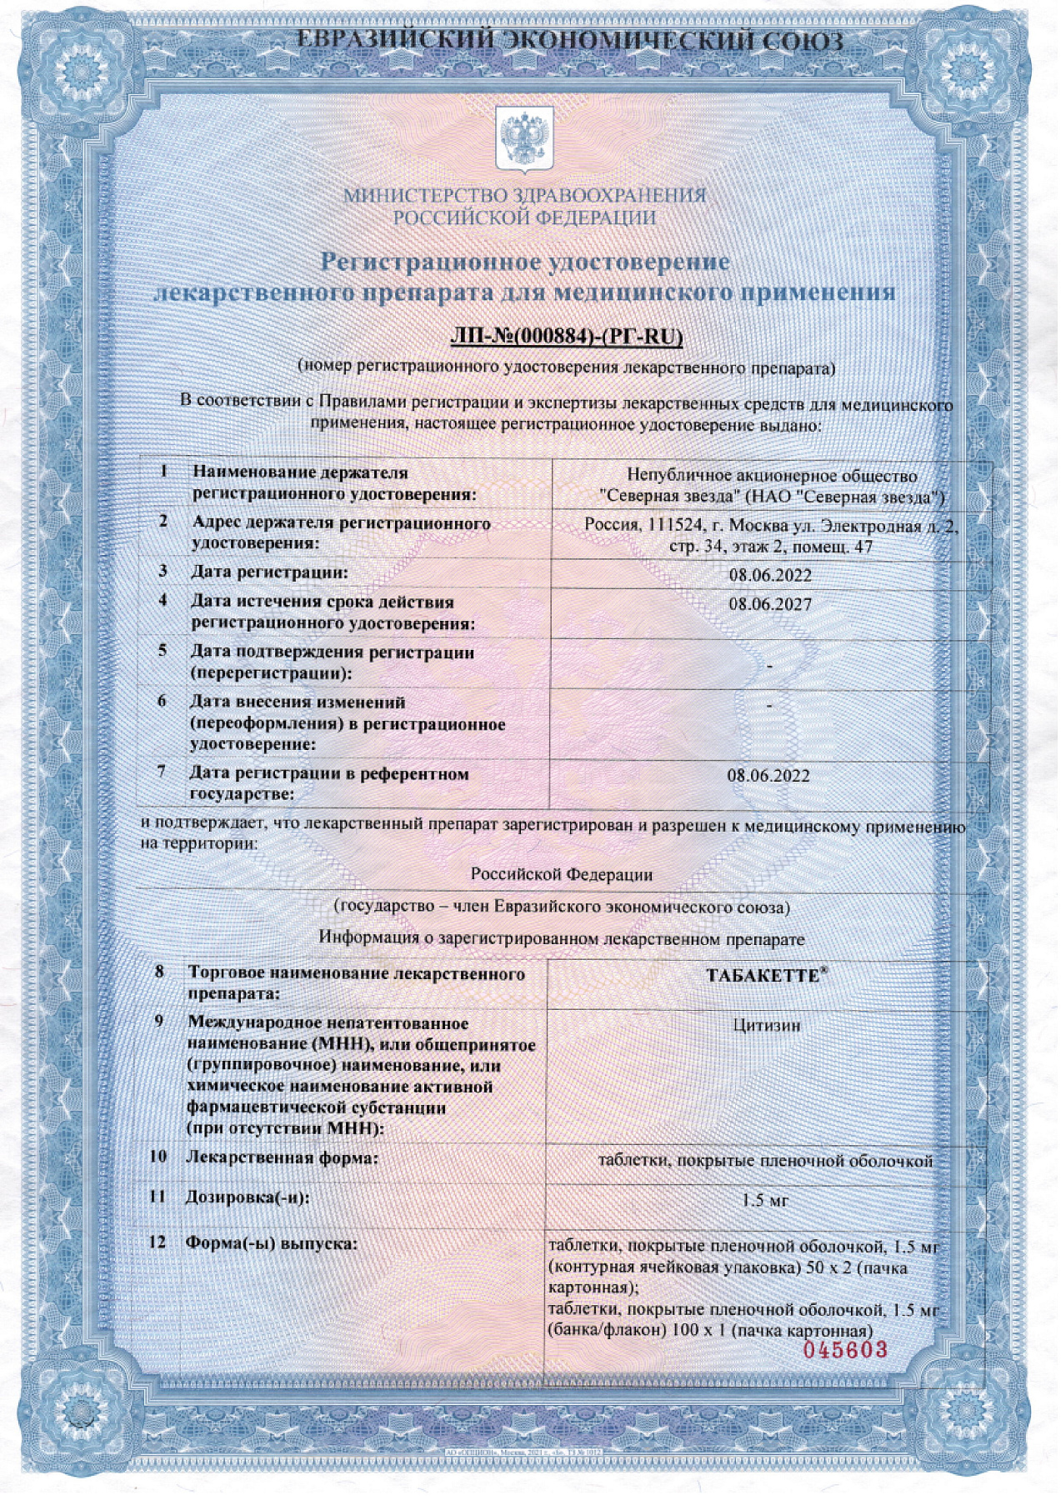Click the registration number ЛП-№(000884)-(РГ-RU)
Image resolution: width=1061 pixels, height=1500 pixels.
(x=566, y=336)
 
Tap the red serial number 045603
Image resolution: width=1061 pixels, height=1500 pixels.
(x=845, y=1349)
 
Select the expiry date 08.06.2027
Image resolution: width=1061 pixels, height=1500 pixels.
(x=770, y=604)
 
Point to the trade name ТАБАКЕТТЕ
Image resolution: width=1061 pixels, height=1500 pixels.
(x=763, y=976)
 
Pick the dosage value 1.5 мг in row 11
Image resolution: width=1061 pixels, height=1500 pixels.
(x=765, y=1201)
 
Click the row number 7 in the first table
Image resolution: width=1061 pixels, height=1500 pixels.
(x=162, y=772)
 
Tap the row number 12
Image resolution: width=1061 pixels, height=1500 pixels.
(x=157, y=1242)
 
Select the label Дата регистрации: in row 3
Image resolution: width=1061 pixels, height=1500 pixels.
(x=269, y=572)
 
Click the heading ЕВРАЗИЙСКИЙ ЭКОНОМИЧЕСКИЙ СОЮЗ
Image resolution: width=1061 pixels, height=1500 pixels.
(x=570, y=41)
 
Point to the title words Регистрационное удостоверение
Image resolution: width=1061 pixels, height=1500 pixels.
(x=525, y=262)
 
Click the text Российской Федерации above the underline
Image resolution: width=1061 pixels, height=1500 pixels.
(x=561, y=875)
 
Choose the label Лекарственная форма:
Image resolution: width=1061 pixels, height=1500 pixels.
(x=282, y=1157)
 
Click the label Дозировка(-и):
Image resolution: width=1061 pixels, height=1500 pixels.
(x=247, y=1198)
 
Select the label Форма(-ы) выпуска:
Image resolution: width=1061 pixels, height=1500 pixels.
(x=271, y=1243)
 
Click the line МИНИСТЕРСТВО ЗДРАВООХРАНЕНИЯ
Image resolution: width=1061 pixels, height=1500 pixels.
(x=525, y=197)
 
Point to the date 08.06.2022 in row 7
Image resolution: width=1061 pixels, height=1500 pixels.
(x=768, y=776)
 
